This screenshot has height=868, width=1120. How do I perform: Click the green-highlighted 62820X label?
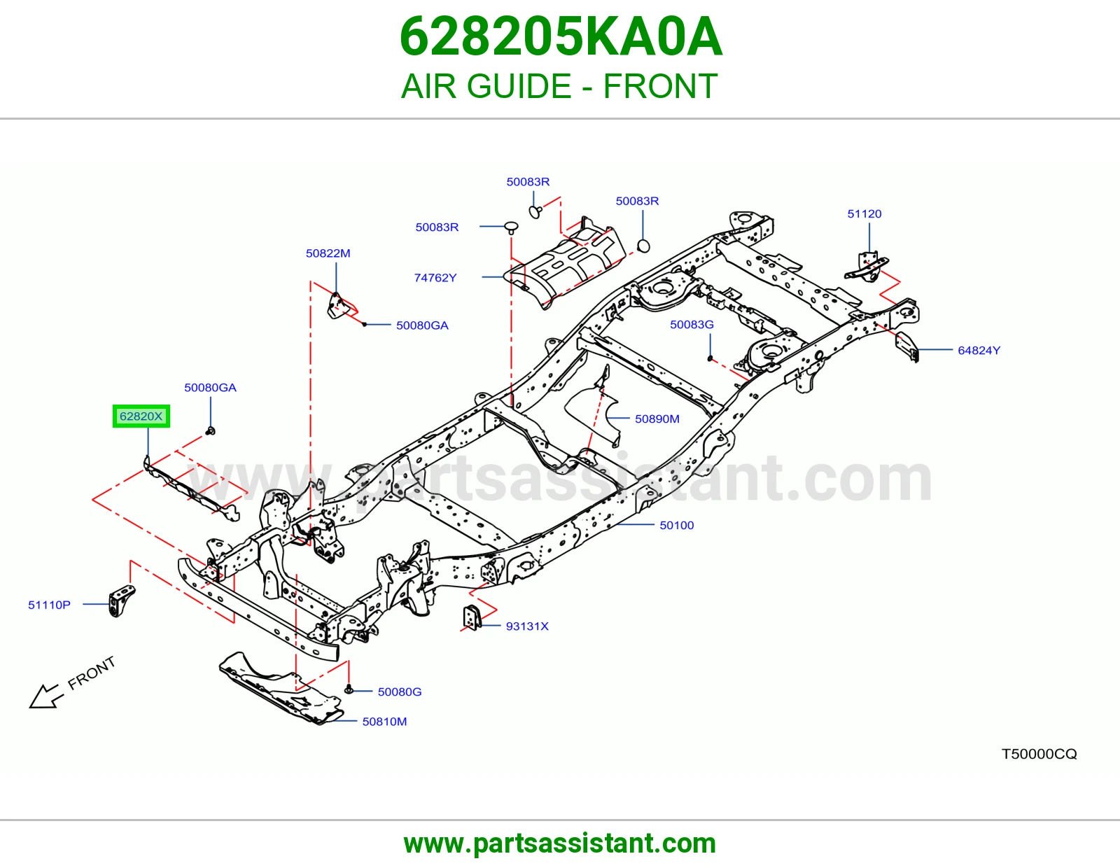(x=141, y=416)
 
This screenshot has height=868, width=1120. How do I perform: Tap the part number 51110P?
(x=49, y=605)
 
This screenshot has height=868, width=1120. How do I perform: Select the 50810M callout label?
(x=384, y=722)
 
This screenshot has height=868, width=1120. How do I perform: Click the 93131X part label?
(x=527, y=626)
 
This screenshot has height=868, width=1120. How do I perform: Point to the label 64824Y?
(x=979, y=351)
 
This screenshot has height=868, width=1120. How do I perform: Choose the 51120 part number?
(x=864, y=214)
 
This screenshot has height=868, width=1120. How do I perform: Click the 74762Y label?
(x=435, y=278)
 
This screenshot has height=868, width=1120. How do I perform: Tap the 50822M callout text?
(x=328, y=253)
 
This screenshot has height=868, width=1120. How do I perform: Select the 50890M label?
(x=657, y=419)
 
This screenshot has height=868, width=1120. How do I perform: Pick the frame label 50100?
(x=677, y=525)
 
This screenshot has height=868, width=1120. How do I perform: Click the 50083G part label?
(x=692, y=324)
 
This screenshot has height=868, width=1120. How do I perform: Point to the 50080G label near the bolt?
(x=400, y=692)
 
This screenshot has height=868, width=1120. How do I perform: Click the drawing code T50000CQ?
(x=1039, y=754)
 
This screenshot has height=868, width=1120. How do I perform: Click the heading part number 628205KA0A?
(x=561, y=36)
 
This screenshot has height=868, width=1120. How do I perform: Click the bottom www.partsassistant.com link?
(x=560, y=843)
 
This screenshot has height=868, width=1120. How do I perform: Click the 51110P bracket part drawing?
(x=121, y=601)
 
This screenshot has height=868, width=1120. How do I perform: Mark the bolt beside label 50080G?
(x=349, y=689)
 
